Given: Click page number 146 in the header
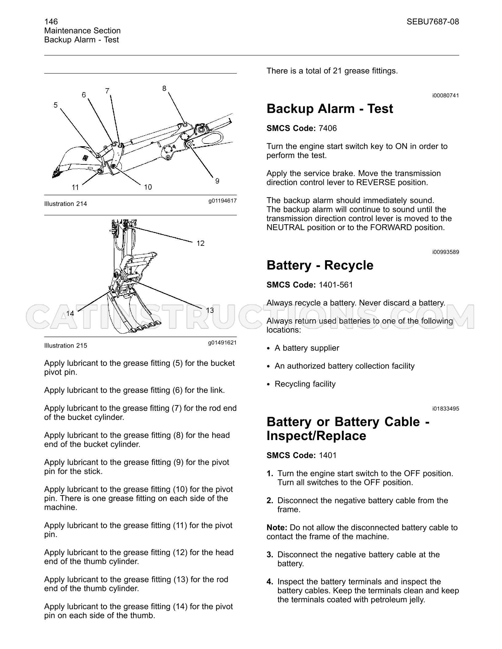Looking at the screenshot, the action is click(x=51, y=22).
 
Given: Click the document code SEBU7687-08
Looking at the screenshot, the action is click(x=433, y=22).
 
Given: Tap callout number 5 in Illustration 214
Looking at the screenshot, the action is click(x=55, y=105).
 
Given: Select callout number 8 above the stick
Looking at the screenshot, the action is click(x=164, y=88).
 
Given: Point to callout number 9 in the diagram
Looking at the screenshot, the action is click(x=217, y=181).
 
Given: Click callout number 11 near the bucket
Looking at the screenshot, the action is click(x=75, y=187).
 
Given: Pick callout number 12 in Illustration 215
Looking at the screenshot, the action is click(x=201, y=243).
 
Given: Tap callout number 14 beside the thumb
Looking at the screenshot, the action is click(x=70, y=313).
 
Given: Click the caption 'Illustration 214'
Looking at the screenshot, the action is click(x=66, y=204).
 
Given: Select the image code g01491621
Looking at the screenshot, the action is click(x=222, y=342).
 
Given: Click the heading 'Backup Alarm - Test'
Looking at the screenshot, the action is click(x=330, y=109).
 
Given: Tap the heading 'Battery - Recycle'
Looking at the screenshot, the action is click(x=320, y=265).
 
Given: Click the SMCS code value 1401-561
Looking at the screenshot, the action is click(x=336, y=285).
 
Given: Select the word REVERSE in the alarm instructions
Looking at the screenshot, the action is click(x=376, y=183).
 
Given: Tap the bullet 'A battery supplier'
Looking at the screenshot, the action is click(x=307, y=348).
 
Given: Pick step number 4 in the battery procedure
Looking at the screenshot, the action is click(x=270, y=582).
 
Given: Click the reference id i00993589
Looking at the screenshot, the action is click(x=445, y=252).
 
